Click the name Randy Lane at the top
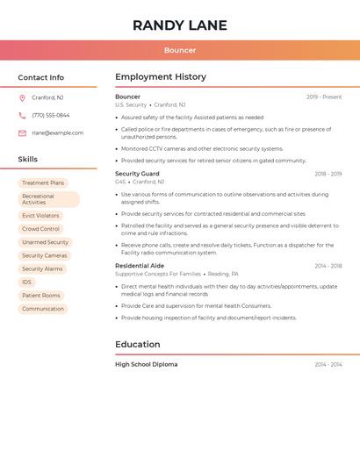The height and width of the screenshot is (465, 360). pyautogui.click(x=180, y=25)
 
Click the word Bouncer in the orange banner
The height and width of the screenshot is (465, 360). pyautogui.click(x=180, y=51)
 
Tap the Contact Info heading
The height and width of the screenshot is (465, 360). pyautogui.click(x=41, y=77)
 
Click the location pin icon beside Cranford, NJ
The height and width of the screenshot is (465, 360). pyautogui.click(x=22, y=97)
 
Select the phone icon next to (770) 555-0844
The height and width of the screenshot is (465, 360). pyautogui.click(x=22, y=115)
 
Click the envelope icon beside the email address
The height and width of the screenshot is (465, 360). pyautogui.click(x=22, y=133)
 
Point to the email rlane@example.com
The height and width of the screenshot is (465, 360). pyautogui.click(x=58, y=133)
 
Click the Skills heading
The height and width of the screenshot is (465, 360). pyautogui.click(x=28, y=160)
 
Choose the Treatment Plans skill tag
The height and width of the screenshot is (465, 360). pyautogui.click(x=43, y=182)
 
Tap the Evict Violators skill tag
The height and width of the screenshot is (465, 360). pyautogui.click(x=40, y=215)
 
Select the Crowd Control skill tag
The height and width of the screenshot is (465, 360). pyautogui.click(x=40, y=229)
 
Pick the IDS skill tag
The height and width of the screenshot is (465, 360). pyautogui.click(x=27, y=282)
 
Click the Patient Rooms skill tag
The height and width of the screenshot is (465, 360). pyautogui.click(x=41, y=296)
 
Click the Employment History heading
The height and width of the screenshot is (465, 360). pyautogui.click(x=161, y=77)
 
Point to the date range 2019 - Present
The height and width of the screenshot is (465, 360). pyautogui.click(x=324, y=97)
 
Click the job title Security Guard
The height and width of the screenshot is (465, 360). pyautogui.click(x=137, y=174)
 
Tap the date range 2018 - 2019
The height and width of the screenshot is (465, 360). pyautogui.click(x=328, y=174)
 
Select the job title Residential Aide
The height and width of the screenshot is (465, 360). pyautogui.click(x=140, y=265)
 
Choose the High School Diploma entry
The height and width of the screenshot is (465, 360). pyautogui.click(x=146, y=364)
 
